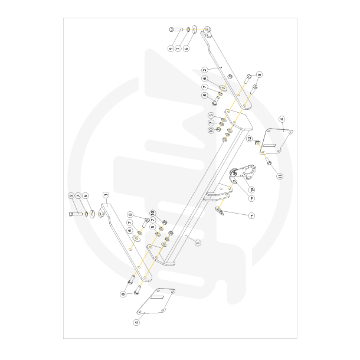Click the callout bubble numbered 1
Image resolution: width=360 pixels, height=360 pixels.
click(198, 242)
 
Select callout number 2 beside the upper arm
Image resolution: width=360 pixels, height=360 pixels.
click(205, 70)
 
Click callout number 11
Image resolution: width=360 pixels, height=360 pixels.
click(280, 176)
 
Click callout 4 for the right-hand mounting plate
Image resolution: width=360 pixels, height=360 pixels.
click(282, 119)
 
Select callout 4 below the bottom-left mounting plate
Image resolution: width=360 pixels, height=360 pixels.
click(137, 322)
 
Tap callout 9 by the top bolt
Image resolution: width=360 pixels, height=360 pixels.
click(171, 48)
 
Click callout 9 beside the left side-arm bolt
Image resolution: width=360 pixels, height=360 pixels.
click(71, 195)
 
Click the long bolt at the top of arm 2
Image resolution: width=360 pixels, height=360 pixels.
click(175, 29)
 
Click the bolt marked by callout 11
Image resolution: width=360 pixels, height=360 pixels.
click(269, 162)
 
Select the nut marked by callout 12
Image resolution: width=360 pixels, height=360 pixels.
click(257, 143)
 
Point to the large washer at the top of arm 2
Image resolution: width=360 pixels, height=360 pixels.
click(195, 29)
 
